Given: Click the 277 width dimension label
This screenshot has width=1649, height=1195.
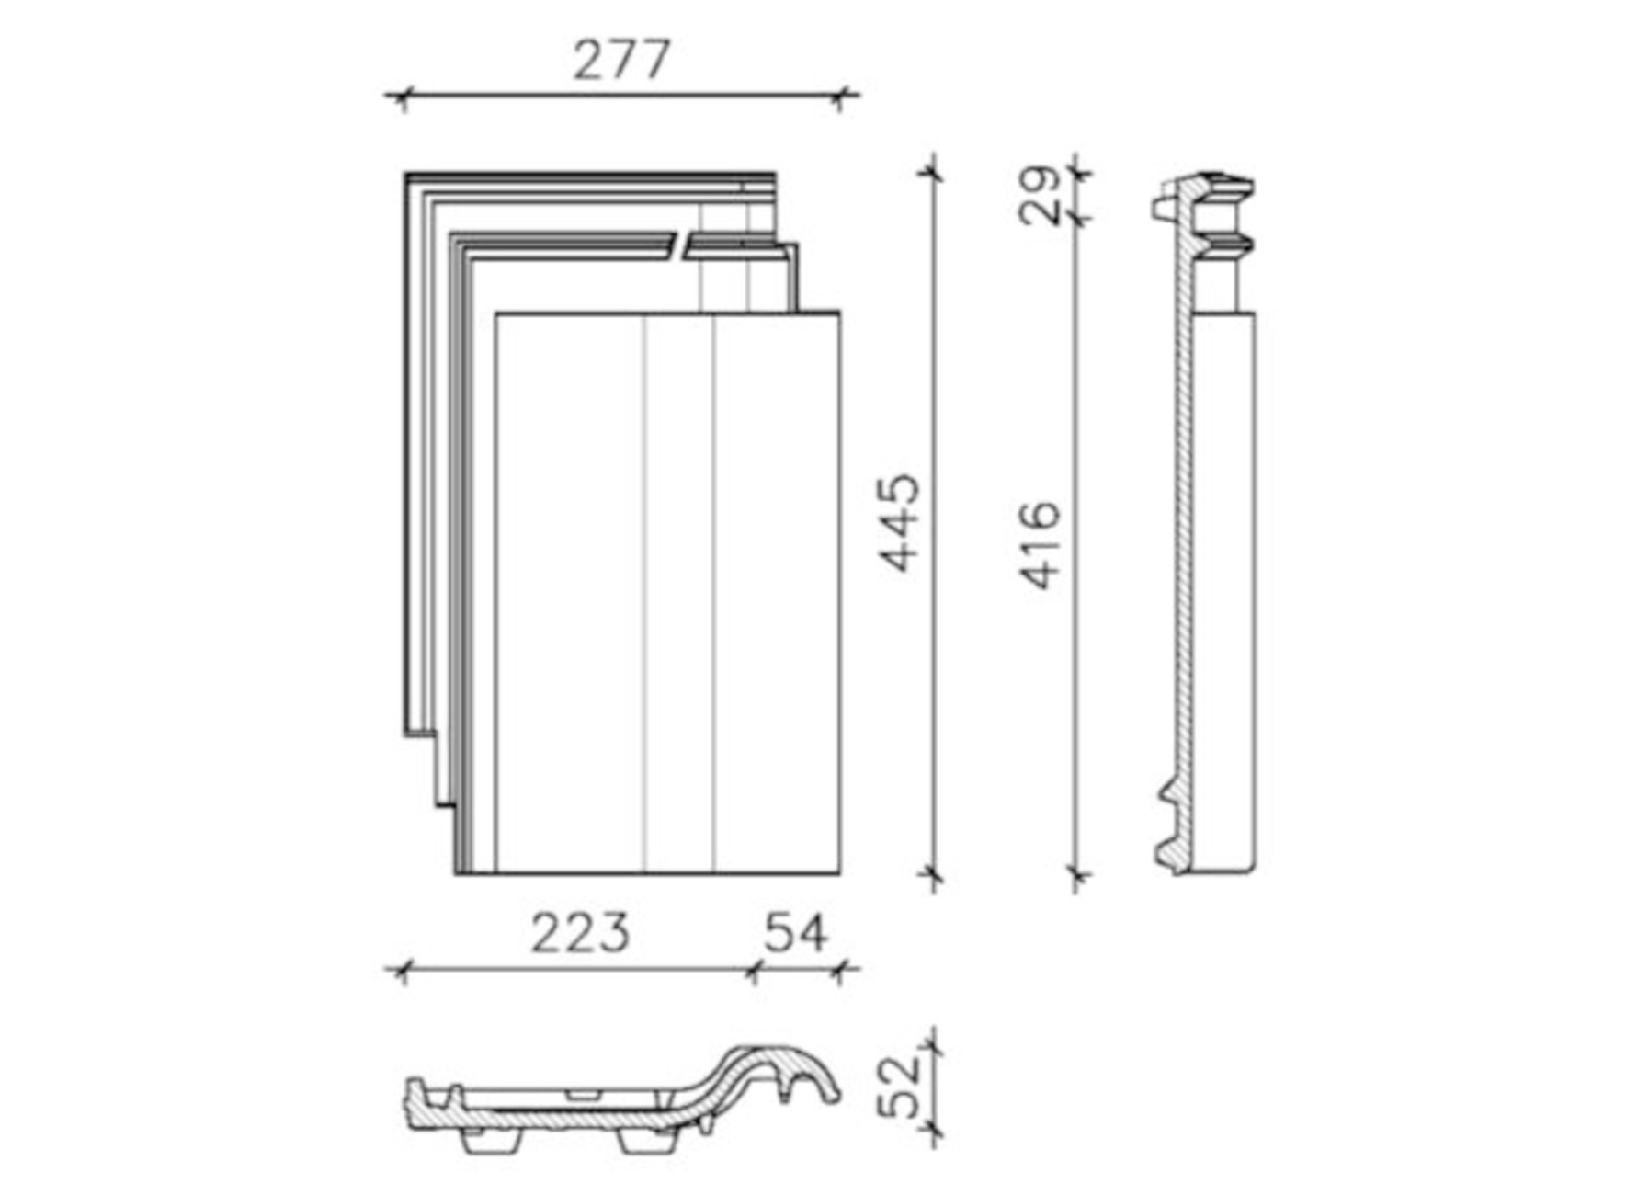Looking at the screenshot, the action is (621, 61).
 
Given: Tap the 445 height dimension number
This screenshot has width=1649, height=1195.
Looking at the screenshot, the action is (900, 522).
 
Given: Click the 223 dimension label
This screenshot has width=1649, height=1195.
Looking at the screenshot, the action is (581, 933).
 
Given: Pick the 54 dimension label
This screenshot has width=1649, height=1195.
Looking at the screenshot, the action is (796, 933).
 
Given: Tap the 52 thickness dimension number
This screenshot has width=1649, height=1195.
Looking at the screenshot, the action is (900, 1087).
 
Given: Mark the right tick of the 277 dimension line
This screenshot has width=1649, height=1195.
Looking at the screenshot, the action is (839, 95).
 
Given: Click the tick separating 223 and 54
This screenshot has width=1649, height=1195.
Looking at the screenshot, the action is (754, 969).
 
